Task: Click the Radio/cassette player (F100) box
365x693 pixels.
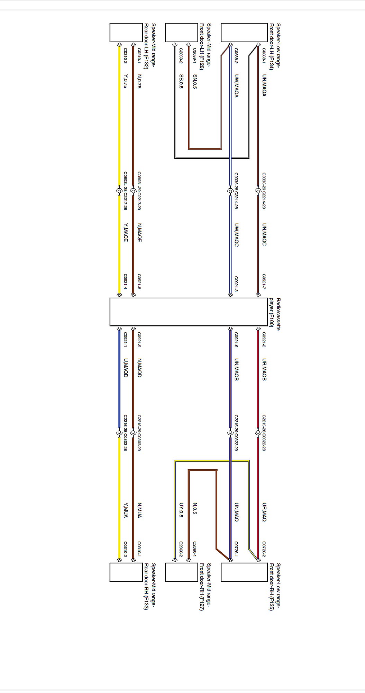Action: pos(189,312)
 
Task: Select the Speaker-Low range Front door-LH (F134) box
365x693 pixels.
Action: pos(244,33)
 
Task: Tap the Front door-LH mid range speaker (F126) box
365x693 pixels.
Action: pos(181,33)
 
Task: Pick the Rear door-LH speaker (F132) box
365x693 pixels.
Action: pos(126,33)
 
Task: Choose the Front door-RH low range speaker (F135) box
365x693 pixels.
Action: pos(244,572)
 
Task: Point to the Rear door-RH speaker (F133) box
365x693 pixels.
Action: pos(126,572)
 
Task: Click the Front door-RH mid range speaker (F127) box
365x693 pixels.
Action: pos(181,572)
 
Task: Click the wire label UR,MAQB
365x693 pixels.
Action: pos(264,369)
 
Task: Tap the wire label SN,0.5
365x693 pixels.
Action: pos(195,82)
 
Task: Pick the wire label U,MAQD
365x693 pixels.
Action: pos(126,368)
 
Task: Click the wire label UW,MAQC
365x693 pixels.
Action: pos(236,235)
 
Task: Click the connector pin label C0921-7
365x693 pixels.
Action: pos(264,282)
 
